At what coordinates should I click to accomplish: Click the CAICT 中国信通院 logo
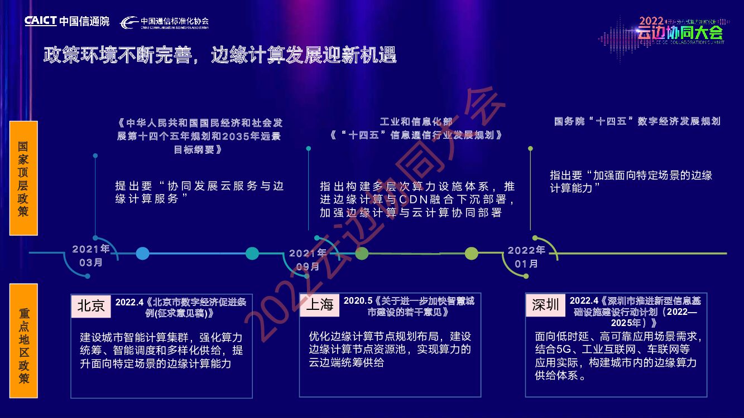(x=67, y=21)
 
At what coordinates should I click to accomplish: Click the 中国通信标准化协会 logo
(x=165, y=22)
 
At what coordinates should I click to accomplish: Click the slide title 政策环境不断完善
(x=220, y=56)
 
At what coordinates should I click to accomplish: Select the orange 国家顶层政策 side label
(x=23, y=178)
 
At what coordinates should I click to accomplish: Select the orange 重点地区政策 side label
(x=23, y=341)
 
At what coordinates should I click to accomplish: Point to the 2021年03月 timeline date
(x=91, y=255)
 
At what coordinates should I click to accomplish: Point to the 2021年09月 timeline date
(x=308, y=260)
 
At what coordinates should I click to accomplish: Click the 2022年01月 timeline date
(x=526, y=257)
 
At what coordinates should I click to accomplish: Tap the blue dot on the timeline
(x=143, y=254)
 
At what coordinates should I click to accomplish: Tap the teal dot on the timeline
(x=252, y=254)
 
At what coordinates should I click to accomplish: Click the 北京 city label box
(x=91, y=305)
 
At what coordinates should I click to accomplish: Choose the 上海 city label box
(x=320, y=304)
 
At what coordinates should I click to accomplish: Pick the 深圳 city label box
(x=546, y=304)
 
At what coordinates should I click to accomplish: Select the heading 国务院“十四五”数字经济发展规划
(x=637, y=121)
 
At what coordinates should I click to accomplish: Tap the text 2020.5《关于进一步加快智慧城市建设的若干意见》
(x=409, y=307)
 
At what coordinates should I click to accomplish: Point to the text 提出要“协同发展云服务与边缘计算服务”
(x=199, y=192)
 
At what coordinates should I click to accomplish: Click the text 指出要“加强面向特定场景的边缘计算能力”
(x=631, y=182)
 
